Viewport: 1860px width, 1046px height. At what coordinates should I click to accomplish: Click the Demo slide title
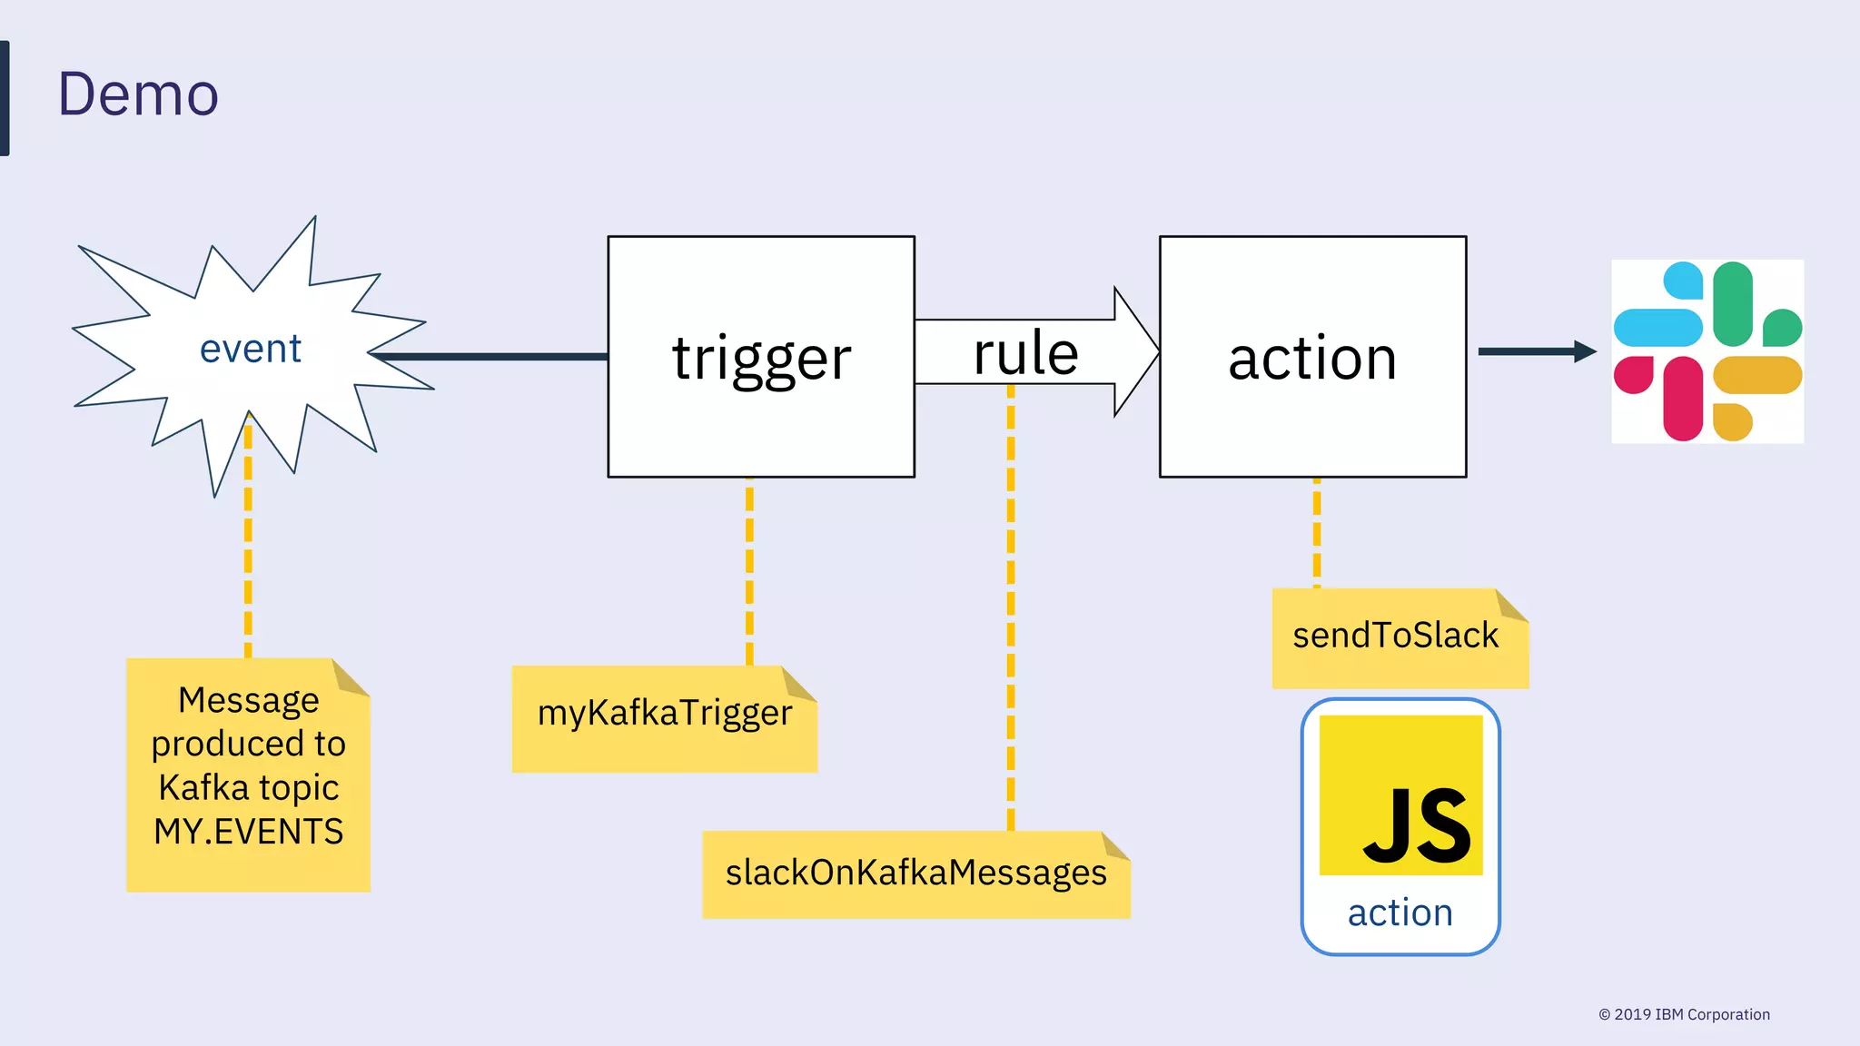coord(138,94)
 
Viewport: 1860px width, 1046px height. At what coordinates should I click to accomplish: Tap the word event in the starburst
coord(251,350)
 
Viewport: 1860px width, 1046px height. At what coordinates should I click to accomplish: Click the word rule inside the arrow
coord(1025,353)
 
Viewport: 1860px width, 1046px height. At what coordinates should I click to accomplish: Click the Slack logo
coord(1707,351)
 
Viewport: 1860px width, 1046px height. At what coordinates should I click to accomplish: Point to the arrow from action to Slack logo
coord(1535,351)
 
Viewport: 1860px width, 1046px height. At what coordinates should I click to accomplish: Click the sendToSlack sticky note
coord(1396,636)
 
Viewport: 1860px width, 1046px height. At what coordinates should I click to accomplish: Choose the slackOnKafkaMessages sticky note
coord(915,873)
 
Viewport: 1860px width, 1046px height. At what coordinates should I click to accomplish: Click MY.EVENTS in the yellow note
coord(248,832)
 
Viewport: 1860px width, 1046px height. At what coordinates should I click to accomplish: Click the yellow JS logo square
coord(1400,795)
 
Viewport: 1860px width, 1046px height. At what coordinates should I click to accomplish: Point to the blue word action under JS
coord(1400,913)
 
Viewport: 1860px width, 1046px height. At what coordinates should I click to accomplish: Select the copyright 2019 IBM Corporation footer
coord(1684,1014)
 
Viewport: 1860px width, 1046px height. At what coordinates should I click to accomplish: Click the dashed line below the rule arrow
coord(1011,608)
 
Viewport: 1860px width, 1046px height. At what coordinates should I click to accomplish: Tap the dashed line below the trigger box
coord(749,572)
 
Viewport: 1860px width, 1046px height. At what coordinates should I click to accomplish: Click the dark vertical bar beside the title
coord(5,98)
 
